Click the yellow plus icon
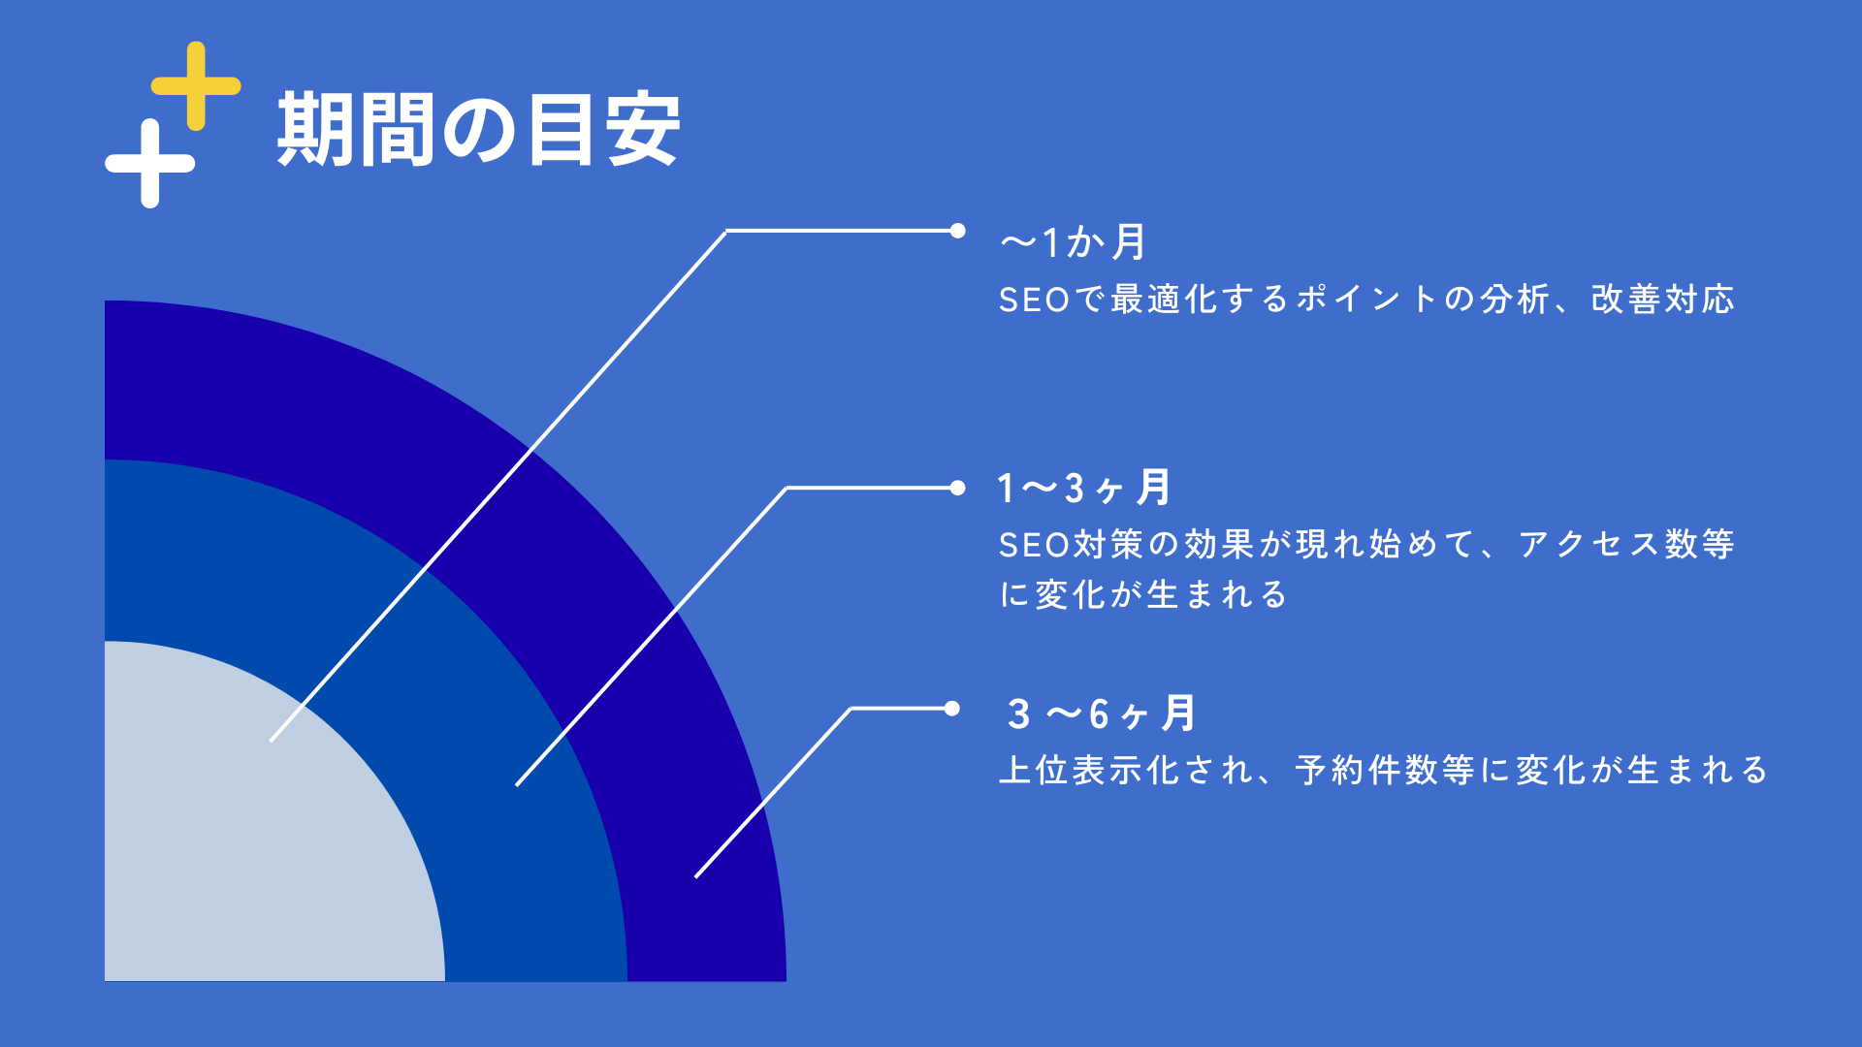(x=196, y=86)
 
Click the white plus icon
(x=149, y=163)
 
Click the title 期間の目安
(x=478, y=130)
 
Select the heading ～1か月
(x=1074, y=242)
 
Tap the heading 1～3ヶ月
(x=1084, y=488)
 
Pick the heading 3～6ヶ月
(x=1101, y=714)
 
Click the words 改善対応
(x=1662, y=300)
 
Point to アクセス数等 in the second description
(x=1626, y=544)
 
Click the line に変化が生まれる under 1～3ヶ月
(x=1143, y=594)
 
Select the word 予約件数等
(x=1385, y=770)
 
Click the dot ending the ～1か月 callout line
(x=957, y=231)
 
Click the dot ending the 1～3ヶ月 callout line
(x=957, y=488)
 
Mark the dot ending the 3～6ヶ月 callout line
(x=951, y=709)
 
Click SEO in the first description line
(x=1034, y=300)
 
